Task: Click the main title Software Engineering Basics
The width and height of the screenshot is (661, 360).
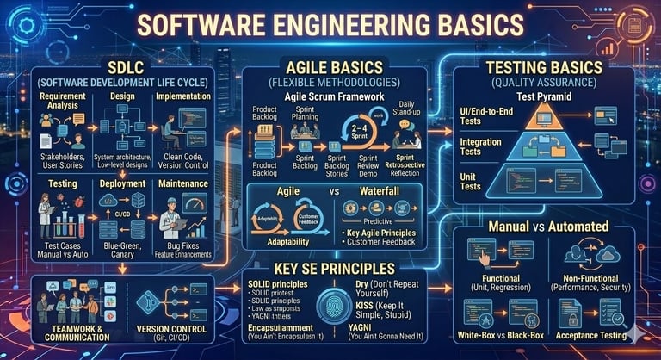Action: click(x=330, y=26)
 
